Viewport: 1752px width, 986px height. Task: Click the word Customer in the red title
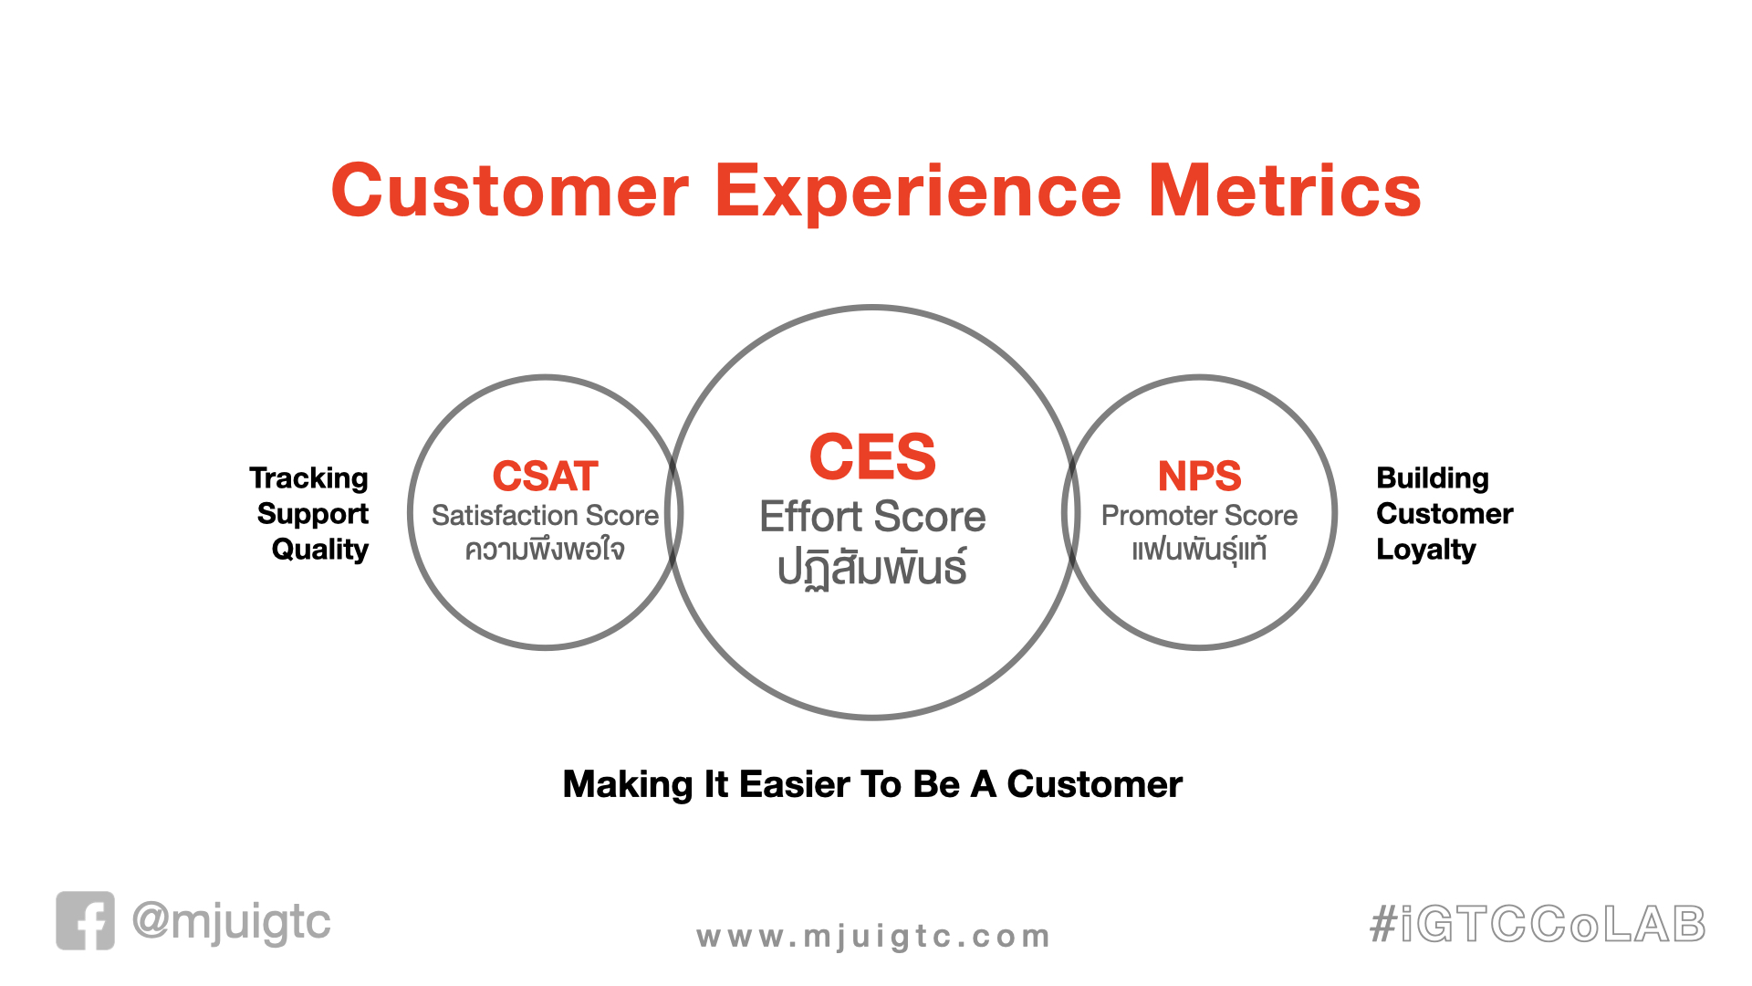point(510,191)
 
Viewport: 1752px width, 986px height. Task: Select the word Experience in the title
point(918,193)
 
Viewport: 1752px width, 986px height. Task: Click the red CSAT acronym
point(545,476)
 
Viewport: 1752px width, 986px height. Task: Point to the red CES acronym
point(872,456)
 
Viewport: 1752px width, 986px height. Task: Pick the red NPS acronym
point(1199,476)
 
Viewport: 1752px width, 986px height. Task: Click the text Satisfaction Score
point(545,516)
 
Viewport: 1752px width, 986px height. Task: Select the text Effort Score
point(872,517)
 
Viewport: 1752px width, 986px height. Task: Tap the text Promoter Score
point(1199,516)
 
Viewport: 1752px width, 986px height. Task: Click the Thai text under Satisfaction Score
point(545,550)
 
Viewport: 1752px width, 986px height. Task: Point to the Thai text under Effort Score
point(872,568)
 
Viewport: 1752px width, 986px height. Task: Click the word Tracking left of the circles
point(308,478)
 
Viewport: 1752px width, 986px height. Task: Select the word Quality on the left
point(319,550)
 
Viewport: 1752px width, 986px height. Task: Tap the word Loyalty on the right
point(1426,550)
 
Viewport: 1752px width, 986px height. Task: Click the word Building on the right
point(1433,478)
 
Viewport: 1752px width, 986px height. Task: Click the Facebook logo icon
point(85,920)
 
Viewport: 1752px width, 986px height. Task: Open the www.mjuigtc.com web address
point(872,937)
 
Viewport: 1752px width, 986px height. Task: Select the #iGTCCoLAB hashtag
point(1538,924)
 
